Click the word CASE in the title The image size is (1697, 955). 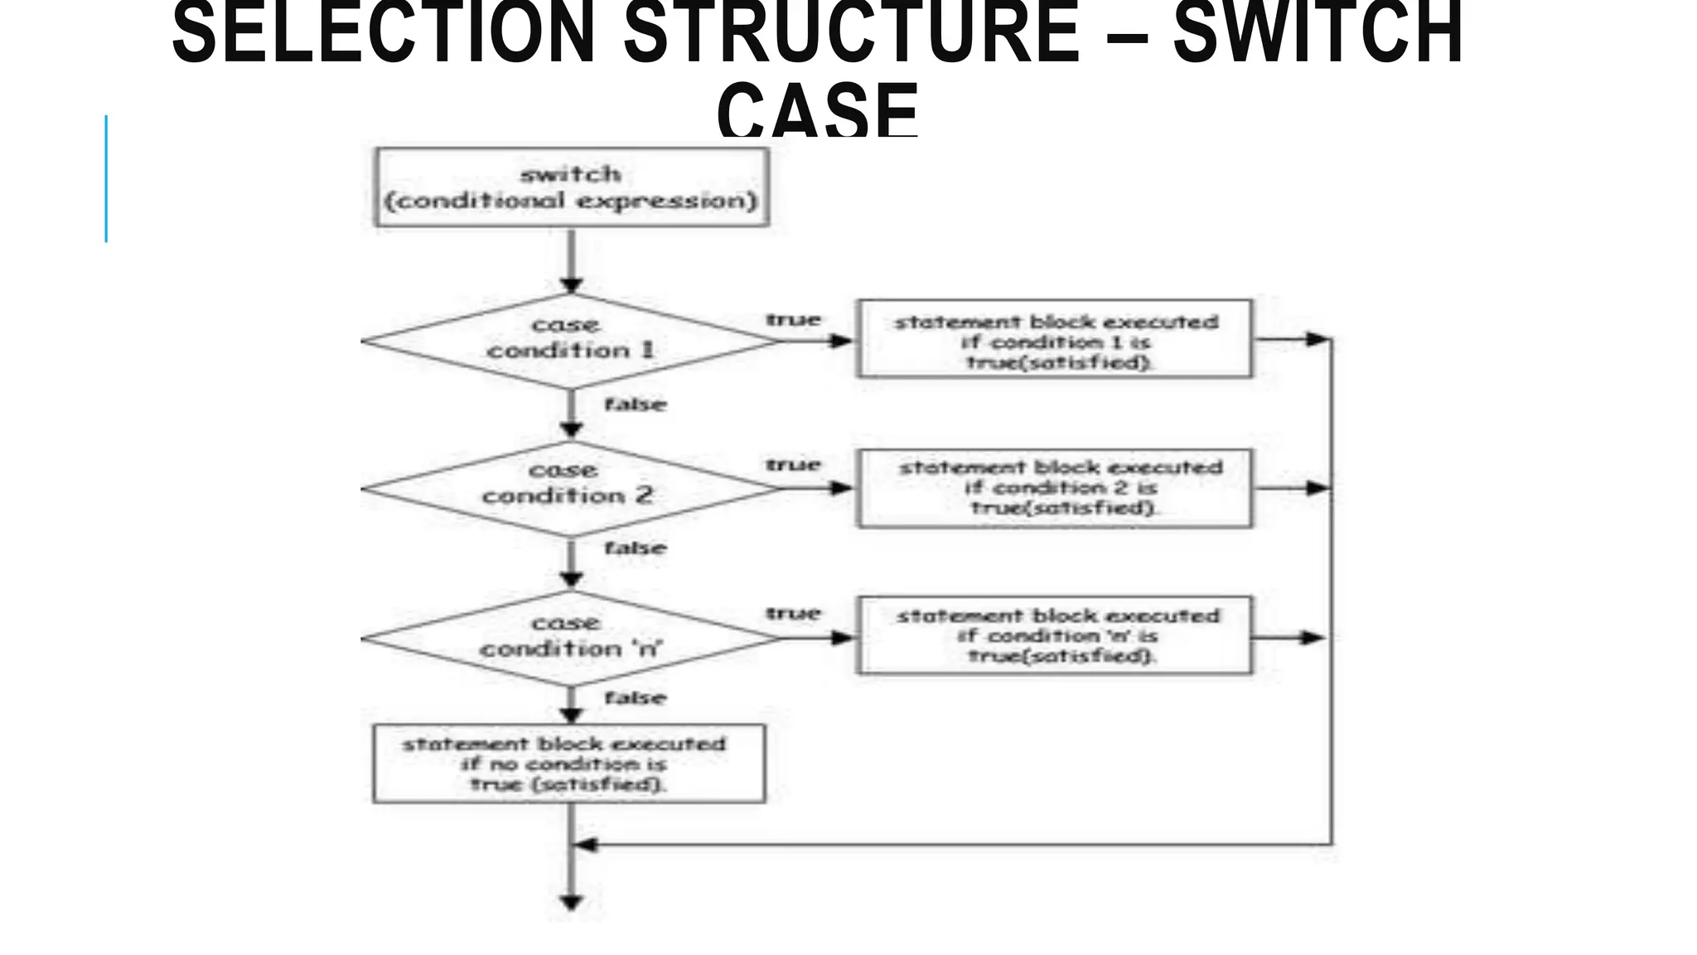tap(818, 109)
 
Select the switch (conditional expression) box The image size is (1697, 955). tap(572, 187)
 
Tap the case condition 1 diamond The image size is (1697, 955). tap(570, 340)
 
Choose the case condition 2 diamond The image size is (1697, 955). tap(570, 487)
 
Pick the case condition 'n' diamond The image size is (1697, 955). tap(570, 637)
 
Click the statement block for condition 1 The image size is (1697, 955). tap(1054, 340)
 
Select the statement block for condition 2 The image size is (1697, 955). tap(1055, 487)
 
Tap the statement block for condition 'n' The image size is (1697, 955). tap(1054, 636)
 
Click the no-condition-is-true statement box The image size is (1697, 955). tap(569, 764)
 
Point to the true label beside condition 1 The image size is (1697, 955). tap(793, 320)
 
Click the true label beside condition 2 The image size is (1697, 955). tap(793, 465)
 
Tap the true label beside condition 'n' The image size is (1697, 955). tap(793, 613)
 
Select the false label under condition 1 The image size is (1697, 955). tap(635, 405)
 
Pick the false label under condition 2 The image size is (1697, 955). tap(635, 548)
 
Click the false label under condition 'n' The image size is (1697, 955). tap(635, 698)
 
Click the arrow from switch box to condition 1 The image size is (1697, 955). tap(571, 260)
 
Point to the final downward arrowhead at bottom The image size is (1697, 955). tap(571, 902)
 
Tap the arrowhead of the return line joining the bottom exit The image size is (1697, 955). tap(585, 845)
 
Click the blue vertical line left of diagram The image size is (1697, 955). tap(106, 178)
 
